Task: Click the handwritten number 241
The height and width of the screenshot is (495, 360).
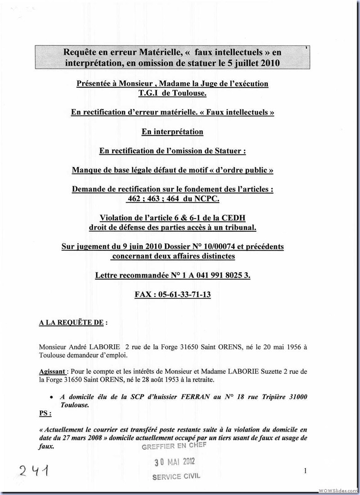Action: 33,472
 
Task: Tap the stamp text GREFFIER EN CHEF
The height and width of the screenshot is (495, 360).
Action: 174,446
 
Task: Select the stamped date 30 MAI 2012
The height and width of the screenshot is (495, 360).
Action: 175,462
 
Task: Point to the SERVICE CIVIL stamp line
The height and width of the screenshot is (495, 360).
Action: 176,476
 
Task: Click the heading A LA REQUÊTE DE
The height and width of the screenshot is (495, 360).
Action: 73,322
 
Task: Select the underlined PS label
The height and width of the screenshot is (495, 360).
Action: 45,413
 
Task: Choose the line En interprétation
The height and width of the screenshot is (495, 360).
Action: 172,132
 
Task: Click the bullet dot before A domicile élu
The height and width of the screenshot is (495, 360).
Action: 52,397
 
